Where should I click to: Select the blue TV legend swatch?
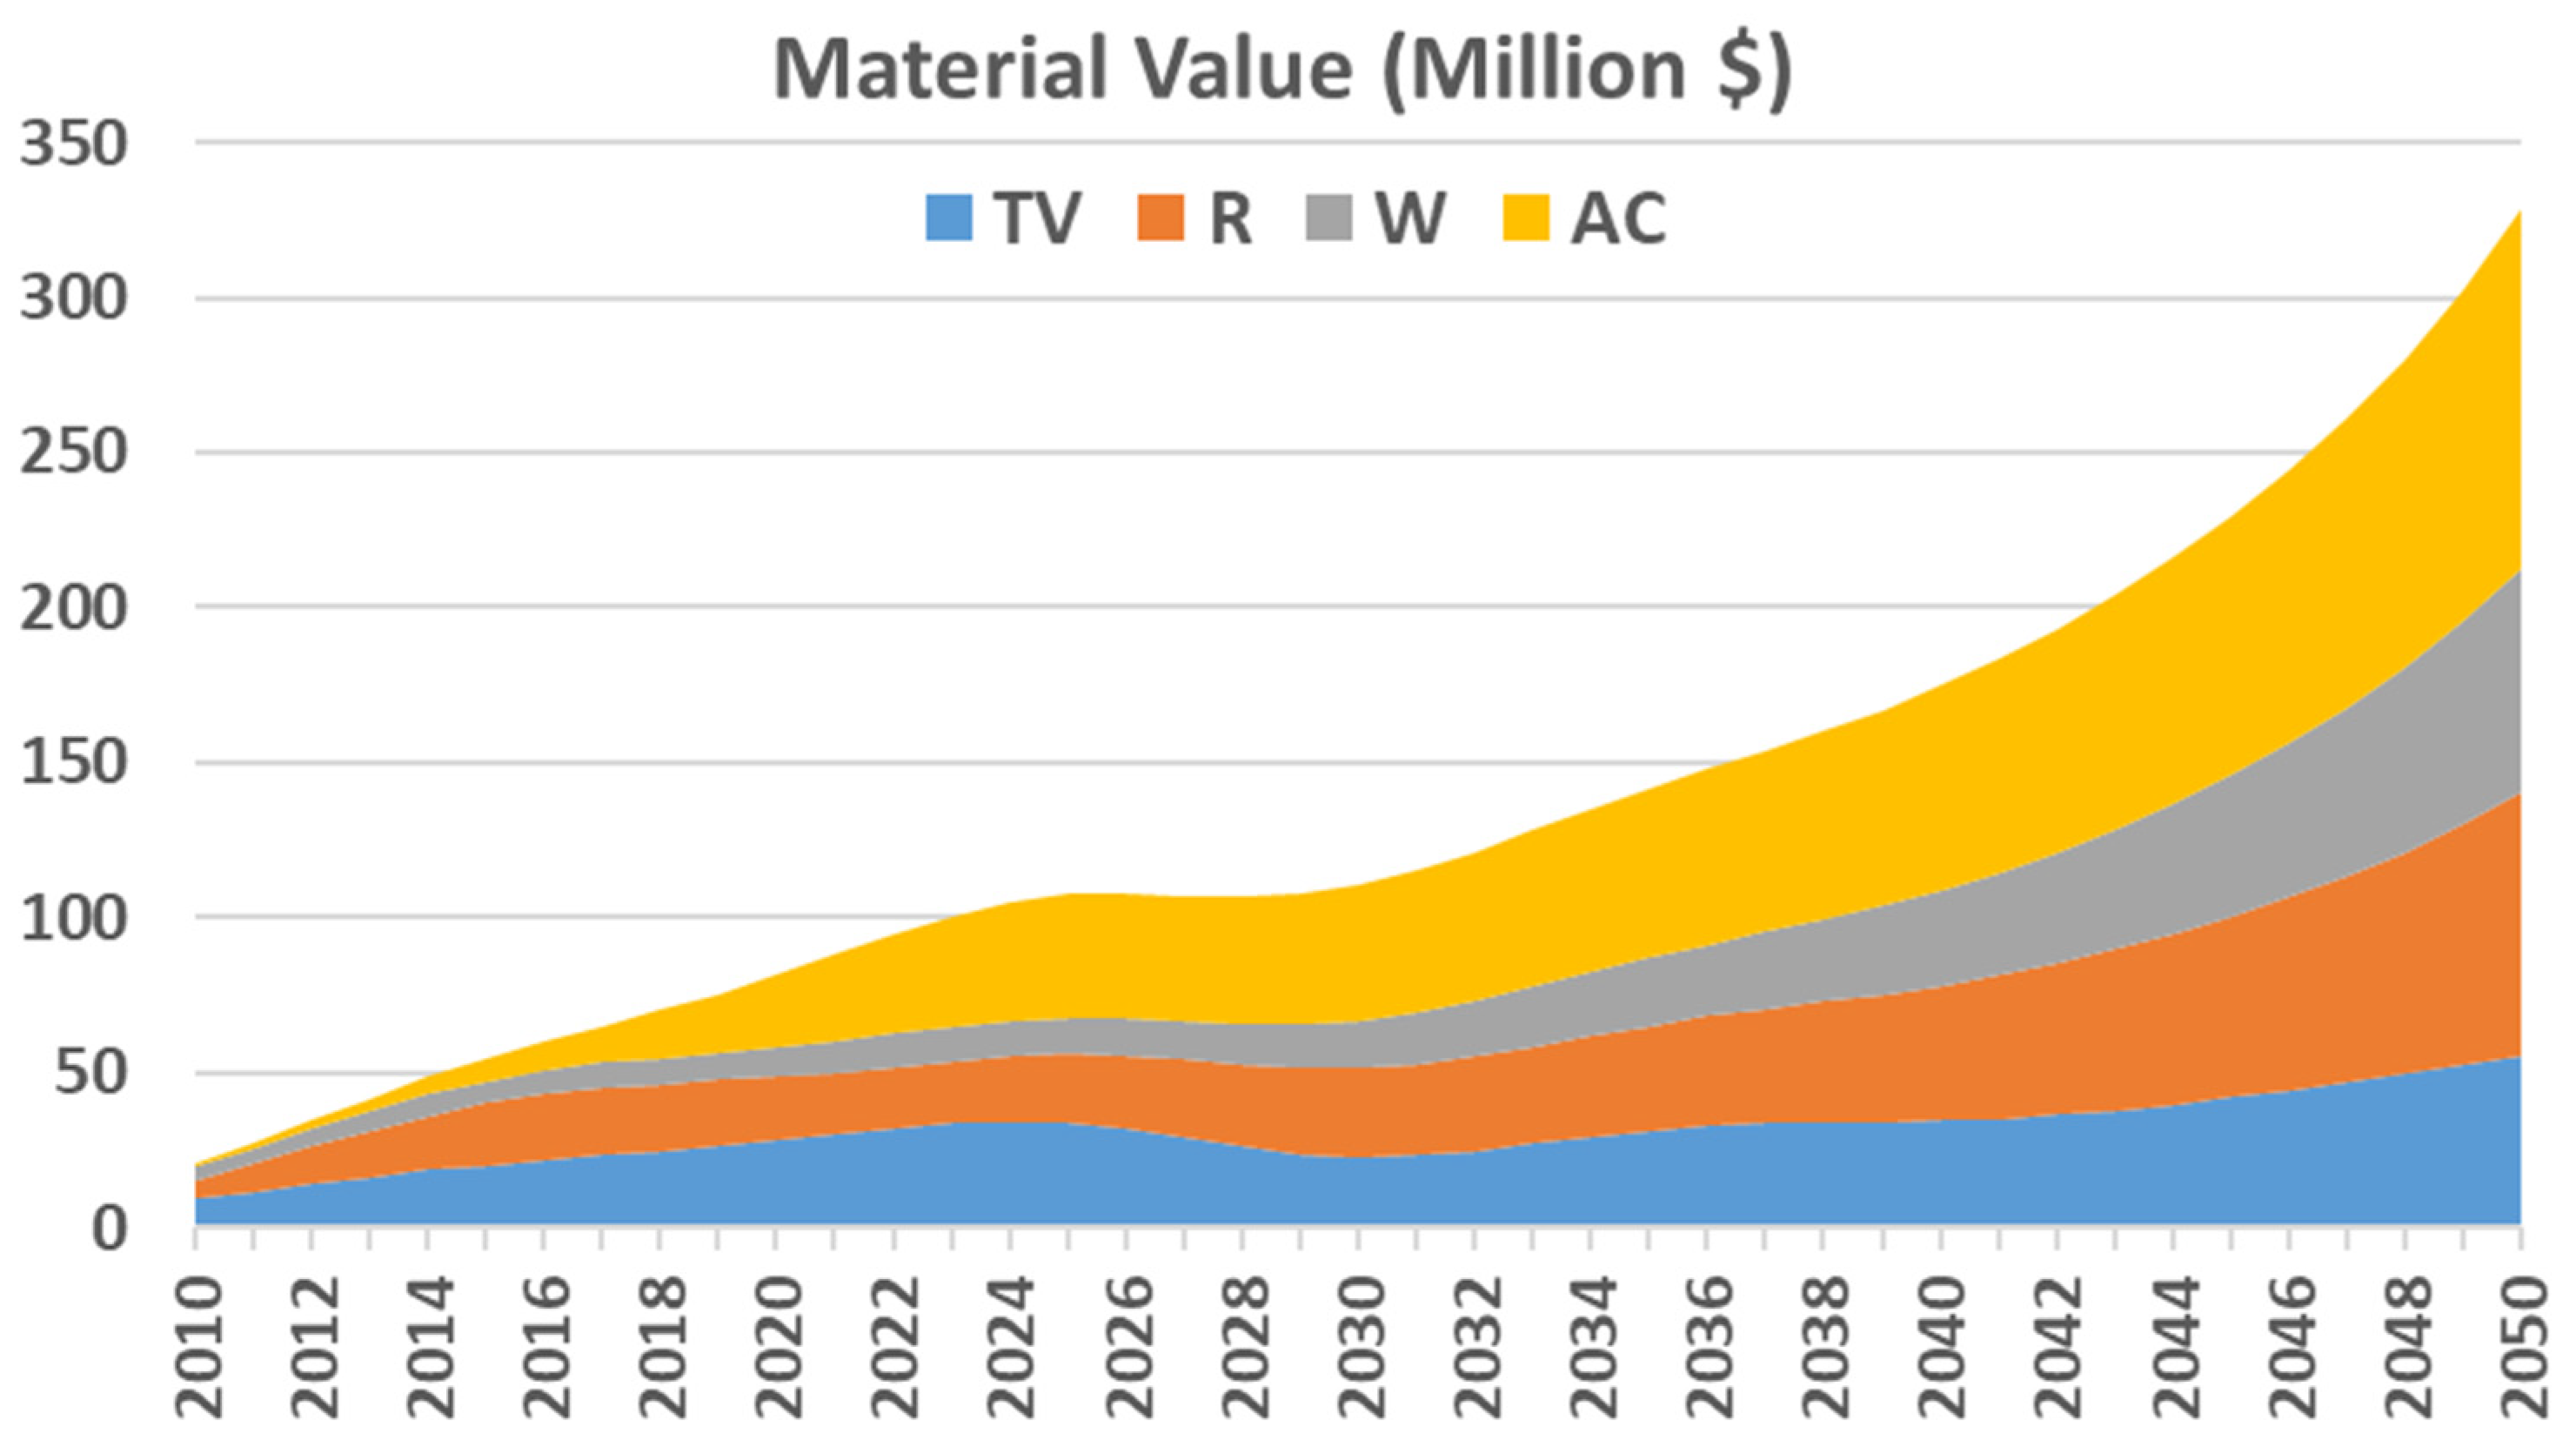(948, 218)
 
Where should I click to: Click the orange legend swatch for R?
(1161, 218)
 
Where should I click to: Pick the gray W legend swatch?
(1329, 218)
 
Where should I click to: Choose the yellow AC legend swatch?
(1526, 218)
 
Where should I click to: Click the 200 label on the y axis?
(75, 608)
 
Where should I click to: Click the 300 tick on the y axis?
(75, 299)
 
